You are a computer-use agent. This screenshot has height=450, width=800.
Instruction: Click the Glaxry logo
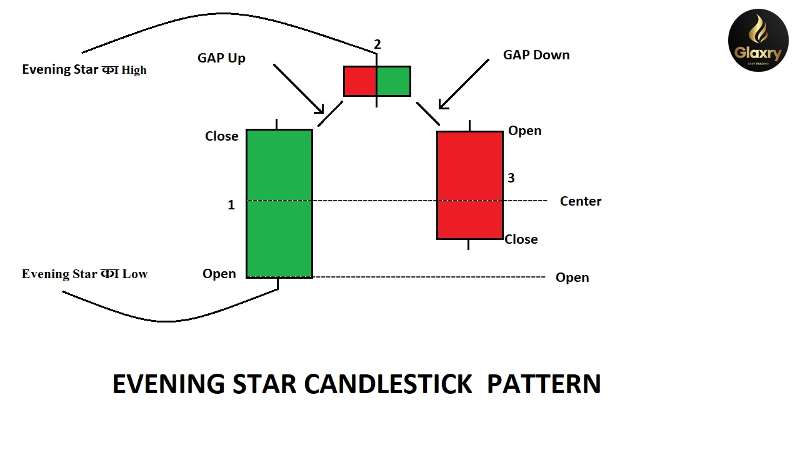point(758,40)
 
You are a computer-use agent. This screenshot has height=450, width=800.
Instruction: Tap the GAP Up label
point(221,58)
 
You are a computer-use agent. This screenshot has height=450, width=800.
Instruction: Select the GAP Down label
point(536,55)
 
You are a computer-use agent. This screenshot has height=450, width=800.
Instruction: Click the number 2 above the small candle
point(377,44)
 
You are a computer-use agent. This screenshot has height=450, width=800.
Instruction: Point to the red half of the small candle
point(360,81)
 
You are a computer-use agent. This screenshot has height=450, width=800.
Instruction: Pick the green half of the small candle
point(394,81)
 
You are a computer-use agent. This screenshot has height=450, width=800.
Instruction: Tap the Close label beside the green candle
point(221,136)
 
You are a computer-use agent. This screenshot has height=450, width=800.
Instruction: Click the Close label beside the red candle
point(521,239)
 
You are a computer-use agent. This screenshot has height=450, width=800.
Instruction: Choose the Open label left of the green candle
point(219,274)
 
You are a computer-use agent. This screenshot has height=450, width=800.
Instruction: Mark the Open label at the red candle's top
point(524,131)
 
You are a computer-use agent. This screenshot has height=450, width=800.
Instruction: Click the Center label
point(581,201)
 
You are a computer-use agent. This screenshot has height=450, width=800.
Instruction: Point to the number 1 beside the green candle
point(231,205)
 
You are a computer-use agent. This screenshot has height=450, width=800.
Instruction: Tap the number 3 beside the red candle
point(511,178)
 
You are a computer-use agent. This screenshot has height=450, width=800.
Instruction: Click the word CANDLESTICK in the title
point(387,384)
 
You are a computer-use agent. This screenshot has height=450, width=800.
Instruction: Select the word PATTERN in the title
point(543,384)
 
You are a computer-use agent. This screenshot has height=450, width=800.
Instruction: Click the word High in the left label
point(134,70)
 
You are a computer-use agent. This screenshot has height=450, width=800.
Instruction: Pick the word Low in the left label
point(134,274)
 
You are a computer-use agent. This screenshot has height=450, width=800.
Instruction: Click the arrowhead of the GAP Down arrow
point(442,105)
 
